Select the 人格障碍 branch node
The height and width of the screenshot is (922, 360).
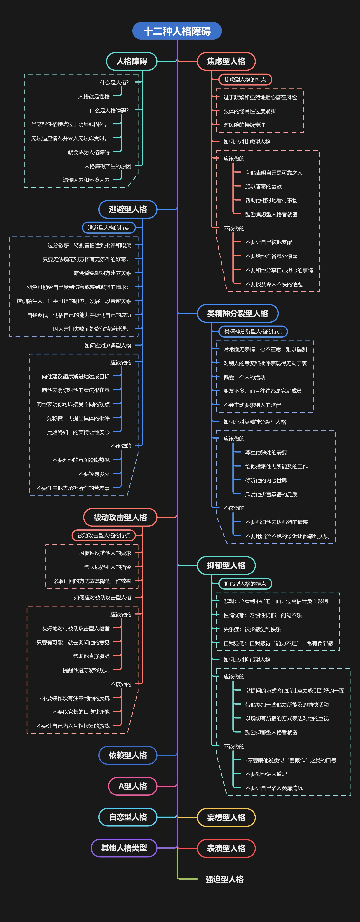132,61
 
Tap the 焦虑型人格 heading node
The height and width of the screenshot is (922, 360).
226,61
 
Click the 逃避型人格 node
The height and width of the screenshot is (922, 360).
128,209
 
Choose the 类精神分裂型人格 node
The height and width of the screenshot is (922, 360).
238,314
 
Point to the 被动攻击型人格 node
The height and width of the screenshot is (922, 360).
120,517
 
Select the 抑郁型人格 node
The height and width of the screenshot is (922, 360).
226,566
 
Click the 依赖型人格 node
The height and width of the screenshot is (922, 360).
128,755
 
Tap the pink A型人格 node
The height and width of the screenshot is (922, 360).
133,786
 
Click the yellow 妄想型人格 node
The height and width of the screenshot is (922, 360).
226,817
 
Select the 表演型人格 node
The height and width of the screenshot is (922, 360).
226,848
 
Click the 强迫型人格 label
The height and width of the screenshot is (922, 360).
224,879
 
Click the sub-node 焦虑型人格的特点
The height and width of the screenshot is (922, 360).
245,79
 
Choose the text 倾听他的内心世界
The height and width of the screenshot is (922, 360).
266,480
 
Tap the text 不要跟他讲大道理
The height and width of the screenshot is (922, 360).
266,774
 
